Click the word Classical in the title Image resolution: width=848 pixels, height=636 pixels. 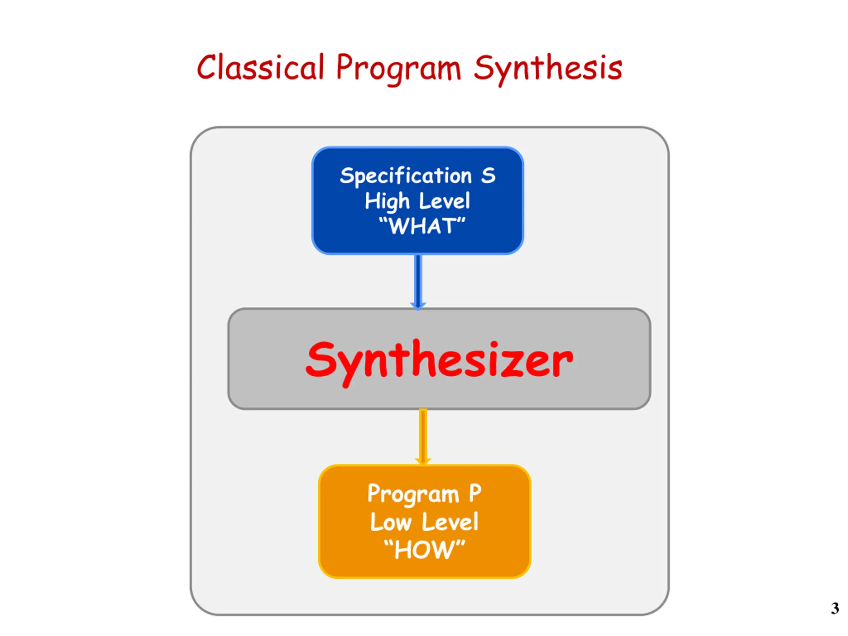pyautogui.click(x=261, y=68)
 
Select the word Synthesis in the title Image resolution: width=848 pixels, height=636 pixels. pyautogui.click(x=548, y=68)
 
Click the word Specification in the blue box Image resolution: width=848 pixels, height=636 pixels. pyautogui.click(x=405, y=176)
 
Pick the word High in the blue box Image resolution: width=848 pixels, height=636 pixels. pyautogui.click(x=387, y=201)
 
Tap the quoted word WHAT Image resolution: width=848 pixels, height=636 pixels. pyautogui.click(x=422, y=226)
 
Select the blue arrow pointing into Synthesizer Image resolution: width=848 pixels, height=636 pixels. pyautogui.click(x=418, y=282)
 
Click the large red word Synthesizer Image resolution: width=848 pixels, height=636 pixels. pyautogui.click(x=439, y=360)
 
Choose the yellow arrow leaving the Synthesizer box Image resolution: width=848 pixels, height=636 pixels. pyautogui.click(x=423, y=437)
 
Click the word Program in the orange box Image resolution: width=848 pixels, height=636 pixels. pyautogui.click(x=413, y=495)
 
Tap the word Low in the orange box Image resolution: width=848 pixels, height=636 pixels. pyautogui.click(x=391, y=522)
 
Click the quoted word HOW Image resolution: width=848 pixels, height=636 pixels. pyautogui.click(x=424, y=550)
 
